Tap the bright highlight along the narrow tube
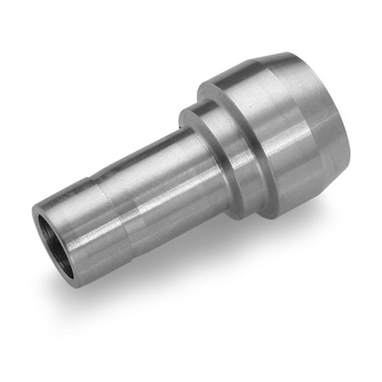[140, 159]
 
